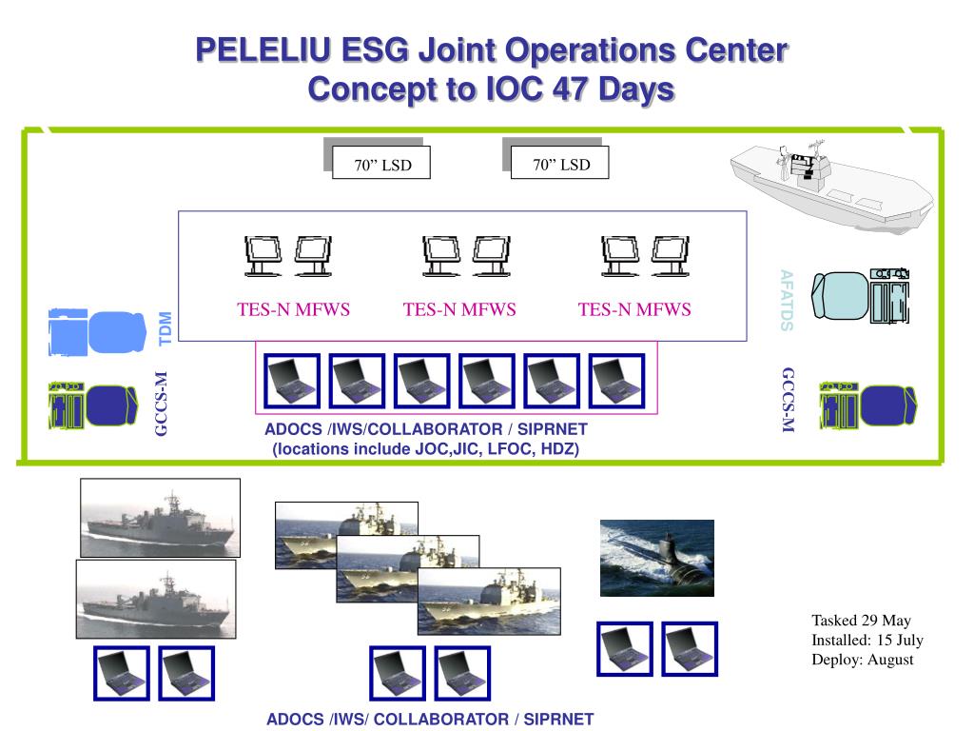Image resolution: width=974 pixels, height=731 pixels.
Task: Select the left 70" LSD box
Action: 381,164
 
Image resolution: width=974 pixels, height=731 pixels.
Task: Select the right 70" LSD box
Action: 560,164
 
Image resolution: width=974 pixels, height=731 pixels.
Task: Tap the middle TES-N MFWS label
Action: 459,309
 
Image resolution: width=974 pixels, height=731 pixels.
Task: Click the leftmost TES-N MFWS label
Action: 294,309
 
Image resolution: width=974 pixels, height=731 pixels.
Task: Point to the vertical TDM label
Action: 166,328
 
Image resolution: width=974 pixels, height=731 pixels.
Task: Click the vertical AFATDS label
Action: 786,300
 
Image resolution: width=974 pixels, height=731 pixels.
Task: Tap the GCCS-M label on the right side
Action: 787,400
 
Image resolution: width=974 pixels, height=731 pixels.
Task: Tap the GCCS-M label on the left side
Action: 161,405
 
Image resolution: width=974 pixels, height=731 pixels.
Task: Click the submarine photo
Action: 656,558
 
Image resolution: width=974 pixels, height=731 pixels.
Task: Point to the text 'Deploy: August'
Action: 862,659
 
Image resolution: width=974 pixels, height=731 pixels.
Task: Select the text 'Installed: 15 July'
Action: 867,640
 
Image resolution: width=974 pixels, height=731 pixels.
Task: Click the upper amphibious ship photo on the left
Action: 160,517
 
